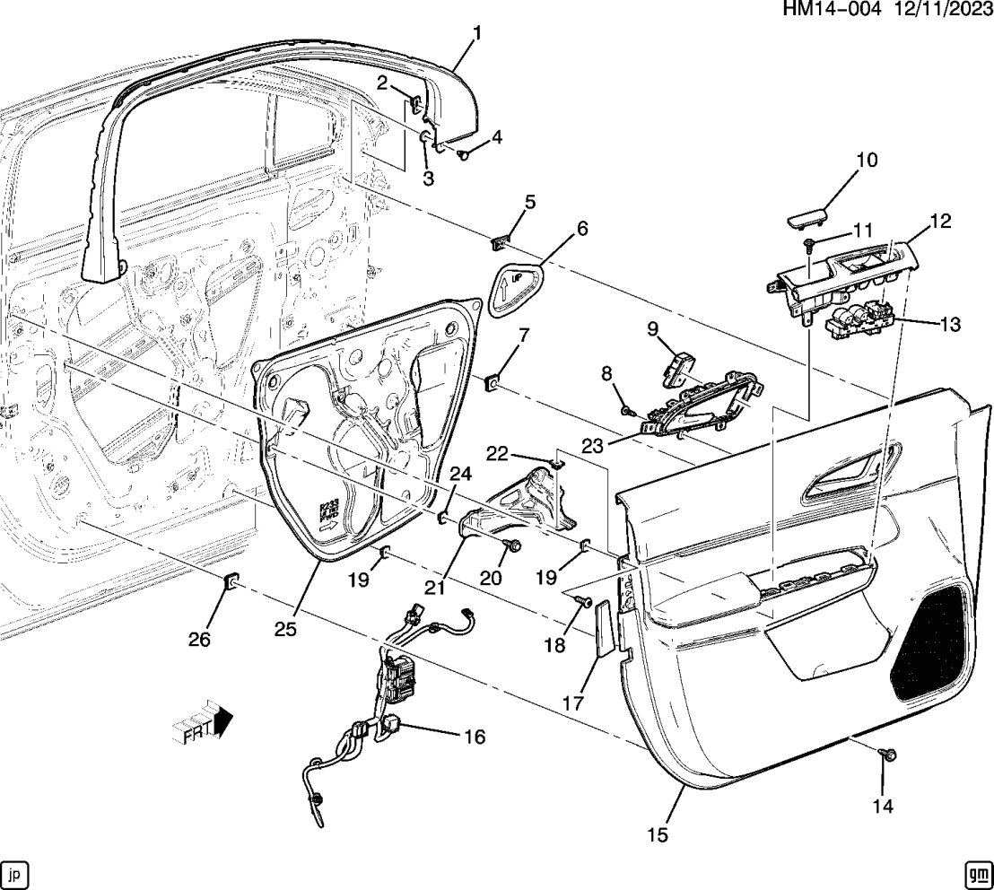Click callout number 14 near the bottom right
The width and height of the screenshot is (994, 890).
coord(883,807)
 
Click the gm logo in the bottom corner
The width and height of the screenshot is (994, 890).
coord(977,872)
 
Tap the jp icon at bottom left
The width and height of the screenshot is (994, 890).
coord(15,872)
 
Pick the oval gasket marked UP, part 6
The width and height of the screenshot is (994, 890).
coord(519,287)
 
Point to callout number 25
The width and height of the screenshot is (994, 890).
coord(284,629)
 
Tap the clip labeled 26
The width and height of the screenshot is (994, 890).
coord(230,585)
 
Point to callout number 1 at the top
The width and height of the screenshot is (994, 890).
coord(476,35)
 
